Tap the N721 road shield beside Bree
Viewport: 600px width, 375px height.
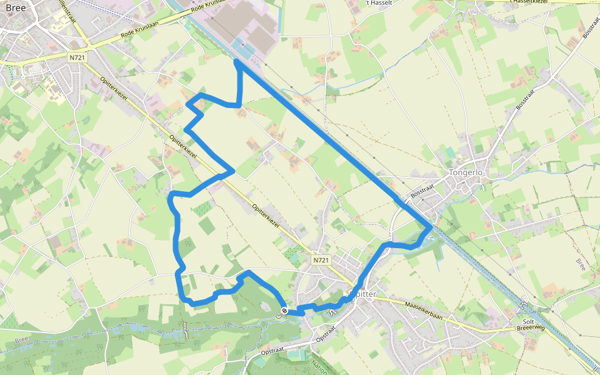click(x=77, y=57)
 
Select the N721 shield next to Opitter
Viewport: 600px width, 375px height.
click(x=321, y=259)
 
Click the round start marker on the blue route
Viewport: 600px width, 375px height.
click(x=284, y=311)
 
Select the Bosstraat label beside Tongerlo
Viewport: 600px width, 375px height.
click(x=422, y=191)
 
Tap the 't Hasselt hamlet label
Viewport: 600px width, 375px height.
click(x=375, y=2)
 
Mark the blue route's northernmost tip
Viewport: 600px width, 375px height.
click(x=237, y=61)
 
